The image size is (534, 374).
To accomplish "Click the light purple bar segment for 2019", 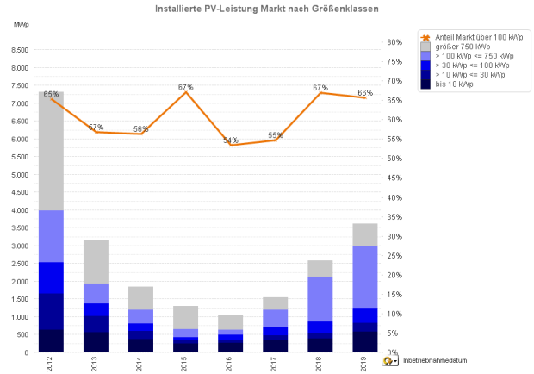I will [364, 277].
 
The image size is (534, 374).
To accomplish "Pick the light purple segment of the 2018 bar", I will [320, 298].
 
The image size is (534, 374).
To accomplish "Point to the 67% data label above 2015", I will [185, 87].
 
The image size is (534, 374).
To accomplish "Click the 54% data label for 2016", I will [230, 140].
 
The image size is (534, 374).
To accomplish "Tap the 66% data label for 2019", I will [365, 93].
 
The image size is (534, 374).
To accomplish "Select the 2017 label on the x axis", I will [275, 363].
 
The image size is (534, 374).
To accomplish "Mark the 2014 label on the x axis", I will [140, 363].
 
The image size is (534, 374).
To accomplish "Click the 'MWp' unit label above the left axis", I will [21, 25].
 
